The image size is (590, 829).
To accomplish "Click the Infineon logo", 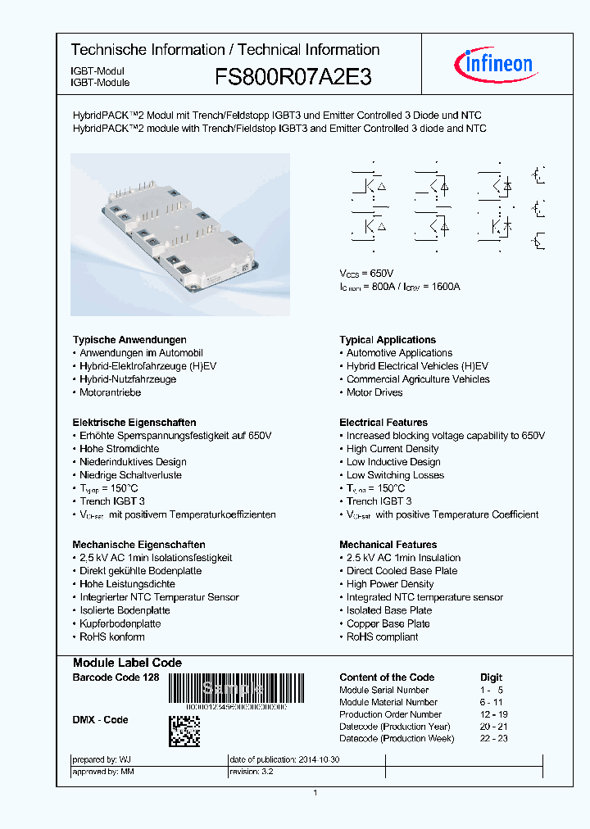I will click(492, 63).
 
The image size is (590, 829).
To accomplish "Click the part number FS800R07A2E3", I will click(293, 78).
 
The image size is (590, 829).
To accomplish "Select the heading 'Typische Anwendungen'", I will click(129, 340).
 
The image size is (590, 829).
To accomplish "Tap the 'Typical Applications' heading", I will click(388, 340).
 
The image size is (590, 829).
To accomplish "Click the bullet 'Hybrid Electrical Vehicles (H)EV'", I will click(417, 366).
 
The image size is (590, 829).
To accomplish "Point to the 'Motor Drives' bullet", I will click(374, 392).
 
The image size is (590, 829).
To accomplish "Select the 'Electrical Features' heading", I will click(383, 423).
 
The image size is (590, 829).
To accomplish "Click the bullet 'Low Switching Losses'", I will click(395, 475).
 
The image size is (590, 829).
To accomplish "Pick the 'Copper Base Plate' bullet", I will click(388, 623).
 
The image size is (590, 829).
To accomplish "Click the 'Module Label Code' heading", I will click(127, 663).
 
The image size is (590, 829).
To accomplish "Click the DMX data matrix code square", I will click(184, 731).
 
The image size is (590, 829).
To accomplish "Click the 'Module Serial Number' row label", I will click(384, 690).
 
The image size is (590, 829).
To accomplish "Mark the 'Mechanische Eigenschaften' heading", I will click(138, 545).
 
